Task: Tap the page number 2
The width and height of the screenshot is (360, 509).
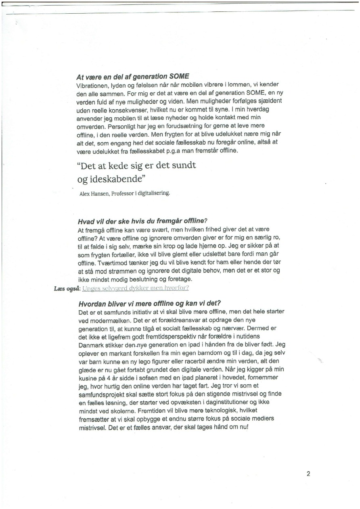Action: click(x=308, y=474)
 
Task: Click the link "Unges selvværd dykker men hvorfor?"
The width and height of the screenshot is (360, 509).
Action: click(x=136, y=288)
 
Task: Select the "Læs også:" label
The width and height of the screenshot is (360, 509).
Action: click(x=67, y=288)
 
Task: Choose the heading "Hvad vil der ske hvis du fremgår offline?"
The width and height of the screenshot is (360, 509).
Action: click(x=142, y=221)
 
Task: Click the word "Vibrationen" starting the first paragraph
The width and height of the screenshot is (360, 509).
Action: click(x=92, y=86)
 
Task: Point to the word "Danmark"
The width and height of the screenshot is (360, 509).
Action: click(x=92, y=345)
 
